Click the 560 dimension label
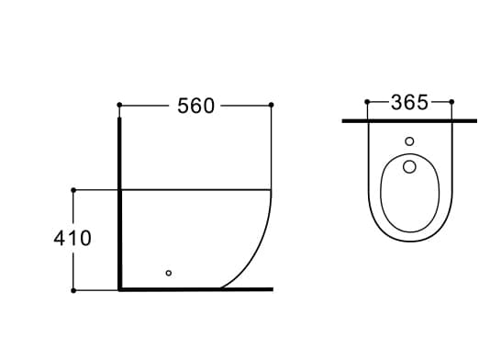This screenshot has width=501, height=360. point(195,106)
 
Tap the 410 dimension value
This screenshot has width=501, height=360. point(72,238)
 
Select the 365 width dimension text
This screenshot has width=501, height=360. point(409,103)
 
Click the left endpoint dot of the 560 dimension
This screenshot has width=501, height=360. point(119,105)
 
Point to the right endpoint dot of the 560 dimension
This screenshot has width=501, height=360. point(272,105)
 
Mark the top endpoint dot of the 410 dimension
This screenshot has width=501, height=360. point(73,190)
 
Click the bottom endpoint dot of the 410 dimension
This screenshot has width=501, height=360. point(73,290)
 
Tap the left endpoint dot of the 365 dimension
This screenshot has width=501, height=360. point(367,102)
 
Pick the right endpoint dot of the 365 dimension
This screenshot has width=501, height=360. point(451,102)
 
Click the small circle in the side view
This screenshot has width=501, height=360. point(169,273)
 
